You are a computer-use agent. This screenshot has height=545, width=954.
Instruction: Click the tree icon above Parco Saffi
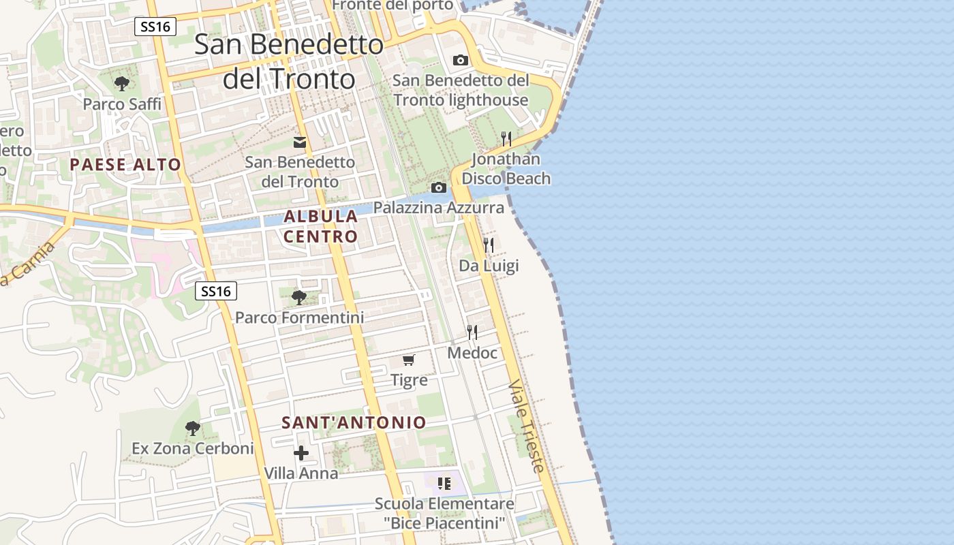[122, 84]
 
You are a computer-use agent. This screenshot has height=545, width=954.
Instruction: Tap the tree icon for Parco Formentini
[298, 297]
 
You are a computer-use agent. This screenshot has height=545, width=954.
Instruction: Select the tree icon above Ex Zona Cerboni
[193, 429]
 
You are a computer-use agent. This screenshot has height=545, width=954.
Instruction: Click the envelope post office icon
[300, 142]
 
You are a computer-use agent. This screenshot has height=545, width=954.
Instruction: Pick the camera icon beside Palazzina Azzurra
[439, 187]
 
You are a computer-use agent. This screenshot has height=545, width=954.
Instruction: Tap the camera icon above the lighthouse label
[461, 60]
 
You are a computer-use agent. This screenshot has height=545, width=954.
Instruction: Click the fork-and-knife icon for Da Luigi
[489, 245]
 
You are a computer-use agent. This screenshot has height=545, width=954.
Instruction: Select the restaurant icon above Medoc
[472, 332]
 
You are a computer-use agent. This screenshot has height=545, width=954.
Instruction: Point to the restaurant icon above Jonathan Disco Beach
[506, 139]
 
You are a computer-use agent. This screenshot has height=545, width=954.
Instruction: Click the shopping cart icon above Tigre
[409, 360]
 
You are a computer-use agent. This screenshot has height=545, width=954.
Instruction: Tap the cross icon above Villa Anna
[301, 453]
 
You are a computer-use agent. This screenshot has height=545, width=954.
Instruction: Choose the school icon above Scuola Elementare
[444, 484]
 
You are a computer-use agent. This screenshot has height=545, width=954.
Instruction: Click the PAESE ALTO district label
[125, 164]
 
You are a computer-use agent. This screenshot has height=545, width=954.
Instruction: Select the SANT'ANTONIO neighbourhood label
[354, 422]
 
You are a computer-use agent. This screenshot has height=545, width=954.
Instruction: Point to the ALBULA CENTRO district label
[321, 226]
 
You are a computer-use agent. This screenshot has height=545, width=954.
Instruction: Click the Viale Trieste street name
[527, 426]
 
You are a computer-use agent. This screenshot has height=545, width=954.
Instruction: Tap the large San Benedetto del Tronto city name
[289, 61]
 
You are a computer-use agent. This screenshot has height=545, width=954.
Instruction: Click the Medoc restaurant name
[472, 353]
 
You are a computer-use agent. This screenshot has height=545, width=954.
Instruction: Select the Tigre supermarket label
[409, 380]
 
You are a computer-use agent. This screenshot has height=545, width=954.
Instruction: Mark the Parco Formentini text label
[299, 317]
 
